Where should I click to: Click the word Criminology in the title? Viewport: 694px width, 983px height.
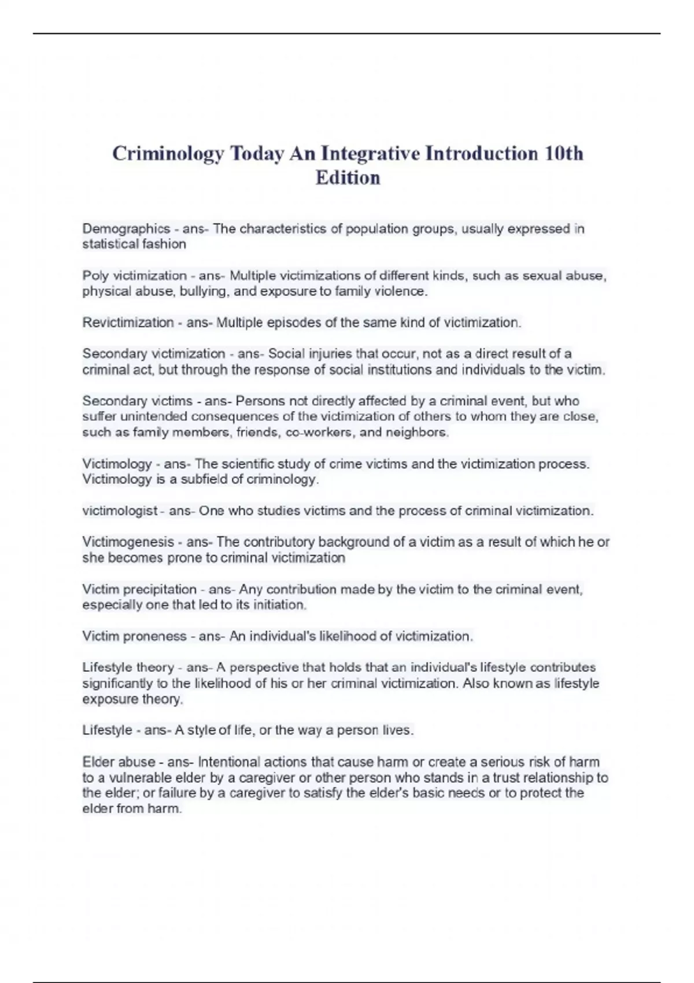(x=168, y=154)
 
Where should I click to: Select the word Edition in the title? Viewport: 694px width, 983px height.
(x=348, y=178)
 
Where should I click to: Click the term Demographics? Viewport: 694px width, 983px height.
(x=126, y=229)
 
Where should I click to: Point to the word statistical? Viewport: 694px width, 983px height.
(x=109, y=245)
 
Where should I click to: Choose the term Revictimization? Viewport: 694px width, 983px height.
(x=128, y=323)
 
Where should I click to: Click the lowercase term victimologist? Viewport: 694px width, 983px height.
(x=120, y=511)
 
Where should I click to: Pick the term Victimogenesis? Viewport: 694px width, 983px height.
(x=128, y=542)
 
